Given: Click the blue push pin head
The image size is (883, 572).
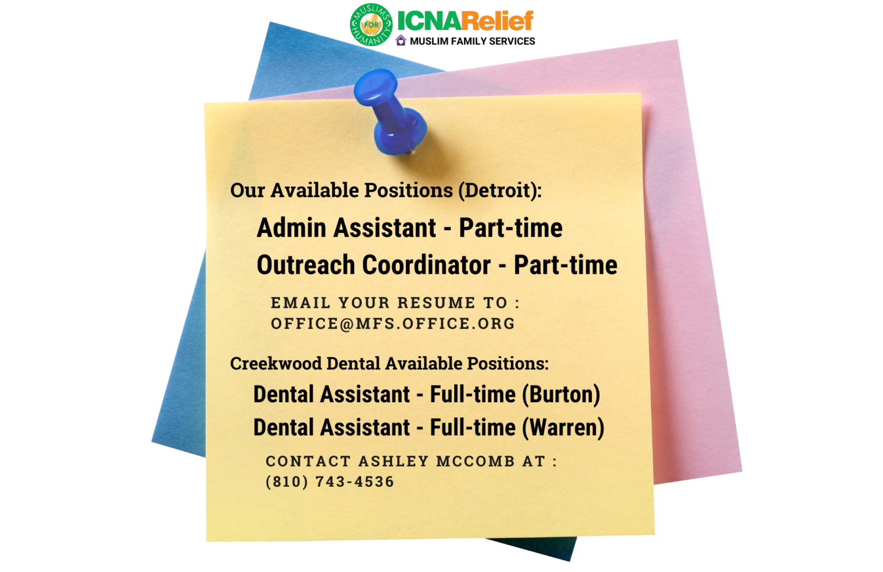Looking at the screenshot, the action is click(x=376, y=87).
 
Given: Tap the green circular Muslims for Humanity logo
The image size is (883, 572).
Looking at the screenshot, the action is click(x=371, y=25).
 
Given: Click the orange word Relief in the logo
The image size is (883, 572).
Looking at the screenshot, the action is click(x=498, y=21).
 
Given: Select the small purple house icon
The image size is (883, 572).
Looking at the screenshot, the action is click(x=401, y=41).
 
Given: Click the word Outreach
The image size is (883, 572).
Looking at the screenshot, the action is click(x=306, y=265).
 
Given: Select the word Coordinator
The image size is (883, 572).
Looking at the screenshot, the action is click(x=426, y=265).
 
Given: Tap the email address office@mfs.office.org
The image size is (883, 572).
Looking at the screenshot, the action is click(x=393, y=323).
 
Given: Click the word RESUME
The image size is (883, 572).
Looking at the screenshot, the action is click(x=436, y=303).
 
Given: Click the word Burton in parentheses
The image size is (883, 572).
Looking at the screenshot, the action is click(x=561, y=395).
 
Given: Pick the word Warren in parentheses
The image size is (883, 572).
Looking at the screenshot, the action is click(x=563, y=428).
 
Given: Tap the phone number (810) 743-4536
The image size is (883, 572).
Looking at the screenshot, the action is click(x=329, y=482).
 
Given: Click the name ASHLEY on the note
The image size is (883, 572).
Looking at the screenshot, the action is click(x=393, y=461).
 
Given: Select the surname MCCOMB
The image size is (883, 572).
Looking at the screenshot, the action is click(x=475, y=461).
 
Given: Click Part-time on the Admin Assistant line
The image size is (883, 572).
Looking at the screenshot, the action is click(x=511, y=228).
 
